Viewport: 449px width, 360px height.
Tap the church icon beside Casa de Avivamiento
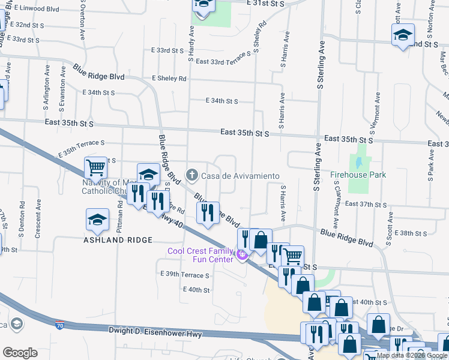coord(191,175)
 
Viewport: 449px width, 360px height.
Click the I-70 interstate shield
coord(59,324)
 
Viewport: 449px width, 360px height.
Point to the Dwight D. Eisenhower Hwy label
coord(155,331)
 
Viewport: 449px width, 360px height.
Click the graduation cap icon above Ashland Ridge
coord(97,221)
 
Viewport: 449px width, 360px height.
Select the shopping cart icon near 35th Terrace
coord(95,167)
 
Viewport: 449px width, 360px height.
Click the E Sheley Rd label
coord(169,79)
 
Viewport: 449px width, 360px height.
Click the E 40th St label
coord(196,290)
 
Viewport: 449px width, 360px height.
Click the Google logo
coord(20,353)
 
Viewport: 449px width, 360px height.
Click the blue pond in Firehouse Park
coord(358,163)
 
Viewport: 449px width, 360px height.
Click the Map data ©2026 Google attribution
coord(411,355)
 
